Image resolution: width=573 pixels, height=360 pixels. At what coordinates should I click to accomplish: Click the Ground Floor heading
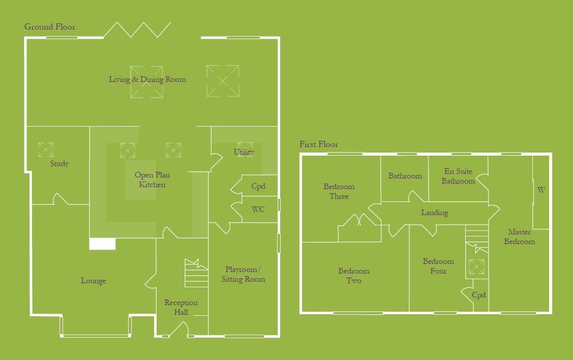(x=50, y=27)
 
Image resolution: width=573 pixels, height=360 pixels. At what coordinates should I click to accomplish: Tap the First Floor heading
(x=319, y=144)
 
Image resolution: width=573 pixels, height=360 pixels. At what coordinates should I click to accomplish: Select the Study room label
(x=59, y=164)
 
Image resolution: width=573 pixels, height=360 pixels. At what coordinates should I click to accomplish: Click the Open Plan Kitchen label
(x=152, y=180)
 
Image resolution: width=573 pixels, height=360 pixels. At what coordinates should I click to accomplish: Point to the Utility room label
(x=244, y=152)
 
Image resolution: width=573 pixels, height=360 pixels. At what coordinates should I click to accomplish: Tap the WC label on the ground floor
(x=259, y=209)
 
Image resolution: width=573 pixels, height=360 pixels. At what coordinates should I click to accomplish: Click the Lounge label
(x=94, y=281)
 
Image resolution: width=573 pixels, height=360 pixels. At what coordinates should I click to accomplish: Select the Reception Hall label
(x=181, y=307)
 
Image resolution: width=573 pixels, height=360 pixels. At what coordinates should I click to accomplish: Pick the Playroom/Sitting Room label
(x=243, y=274)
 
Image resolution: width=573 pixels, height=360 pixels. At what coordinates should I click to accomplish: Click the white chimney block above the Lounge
(x=102, y=244)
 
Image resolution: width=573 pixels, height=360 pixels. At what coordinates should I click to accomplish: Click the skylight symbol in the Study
(x=45, y=149)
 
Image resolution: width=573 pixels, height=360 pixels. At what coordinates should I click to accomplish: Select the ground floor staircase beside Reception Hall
(x=197, y=275)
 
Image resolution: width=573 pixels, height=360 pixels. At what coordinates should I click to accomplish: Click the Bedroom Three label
(x=339, y=191)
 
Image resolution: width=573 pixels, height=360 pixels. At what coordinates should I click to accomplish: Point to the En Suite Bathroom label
(x=458, y=176)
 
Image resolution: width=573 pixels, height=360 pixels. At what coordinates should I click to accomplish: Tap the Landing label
(x=435, y=213)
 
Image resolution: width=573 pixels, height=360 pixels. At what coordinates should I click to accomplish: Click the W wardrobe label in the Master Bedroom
(x=541, y=191)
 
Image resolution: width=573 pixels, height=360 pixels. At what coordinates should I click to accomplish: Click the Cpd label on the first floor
(x=479, y=295)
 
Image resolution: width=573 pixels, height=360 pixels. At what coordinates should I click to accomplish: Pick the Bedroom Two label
(x=354, y=276)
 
